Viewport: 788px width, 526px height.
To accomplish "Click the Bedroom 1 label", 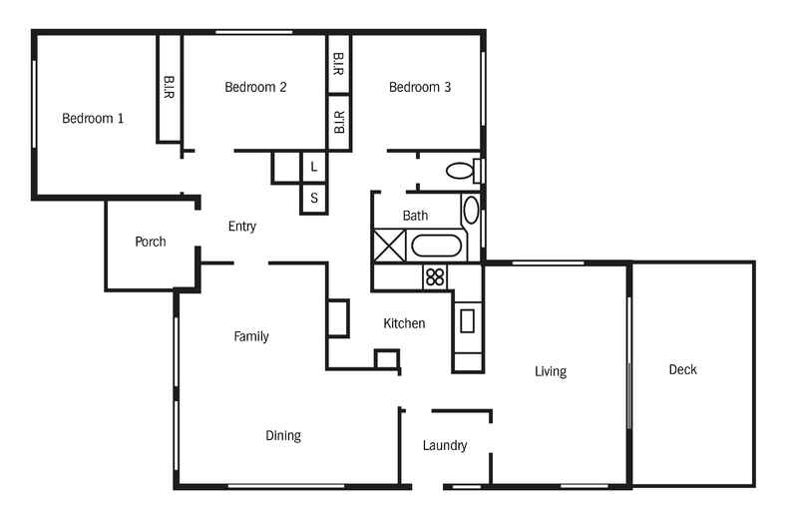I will click(93, 118).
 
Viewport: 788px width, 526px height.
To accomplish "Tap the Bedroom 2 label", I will click(255, 87).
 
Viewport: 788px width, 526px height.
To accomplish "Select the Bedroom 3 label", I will click(420, 87).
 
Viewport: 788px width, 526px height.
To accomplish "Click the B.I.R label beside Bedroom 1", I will click(169, 88).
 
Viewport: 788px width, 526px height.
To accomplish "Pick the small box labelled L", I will click(314, 167).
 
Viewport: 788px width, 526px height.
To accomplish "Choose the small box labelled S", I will click(314, 198).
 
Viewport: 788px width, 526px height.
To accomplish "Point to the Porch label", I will click(150, 242).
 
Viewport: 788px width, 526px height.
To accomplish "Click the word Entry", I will click(242, 227).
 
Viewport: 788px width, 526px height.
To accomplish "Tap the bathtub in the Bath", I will click(436, 246).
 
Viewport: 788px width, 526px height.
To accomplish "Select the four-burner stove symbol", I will click(435, 276).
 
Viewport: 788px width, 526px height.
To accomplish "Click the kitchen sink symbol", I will click(467, 320).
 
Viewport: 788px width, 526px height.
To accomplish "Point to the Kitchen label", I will click(405, 323).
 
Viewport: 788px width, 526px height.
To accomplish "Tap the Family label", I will click(251, 336).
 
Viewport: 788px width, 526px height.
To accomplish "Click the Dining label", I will click(283, 435).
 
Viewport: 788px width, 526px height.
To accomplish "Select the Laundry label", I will click(445, 445).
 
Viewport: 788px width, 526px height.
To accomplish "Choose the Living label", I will click(550, 371).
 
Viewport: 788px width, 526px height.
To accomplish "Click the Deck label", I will click(683, 369).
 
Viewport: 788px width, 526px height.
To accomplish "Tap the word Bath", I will click(416, 216).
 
